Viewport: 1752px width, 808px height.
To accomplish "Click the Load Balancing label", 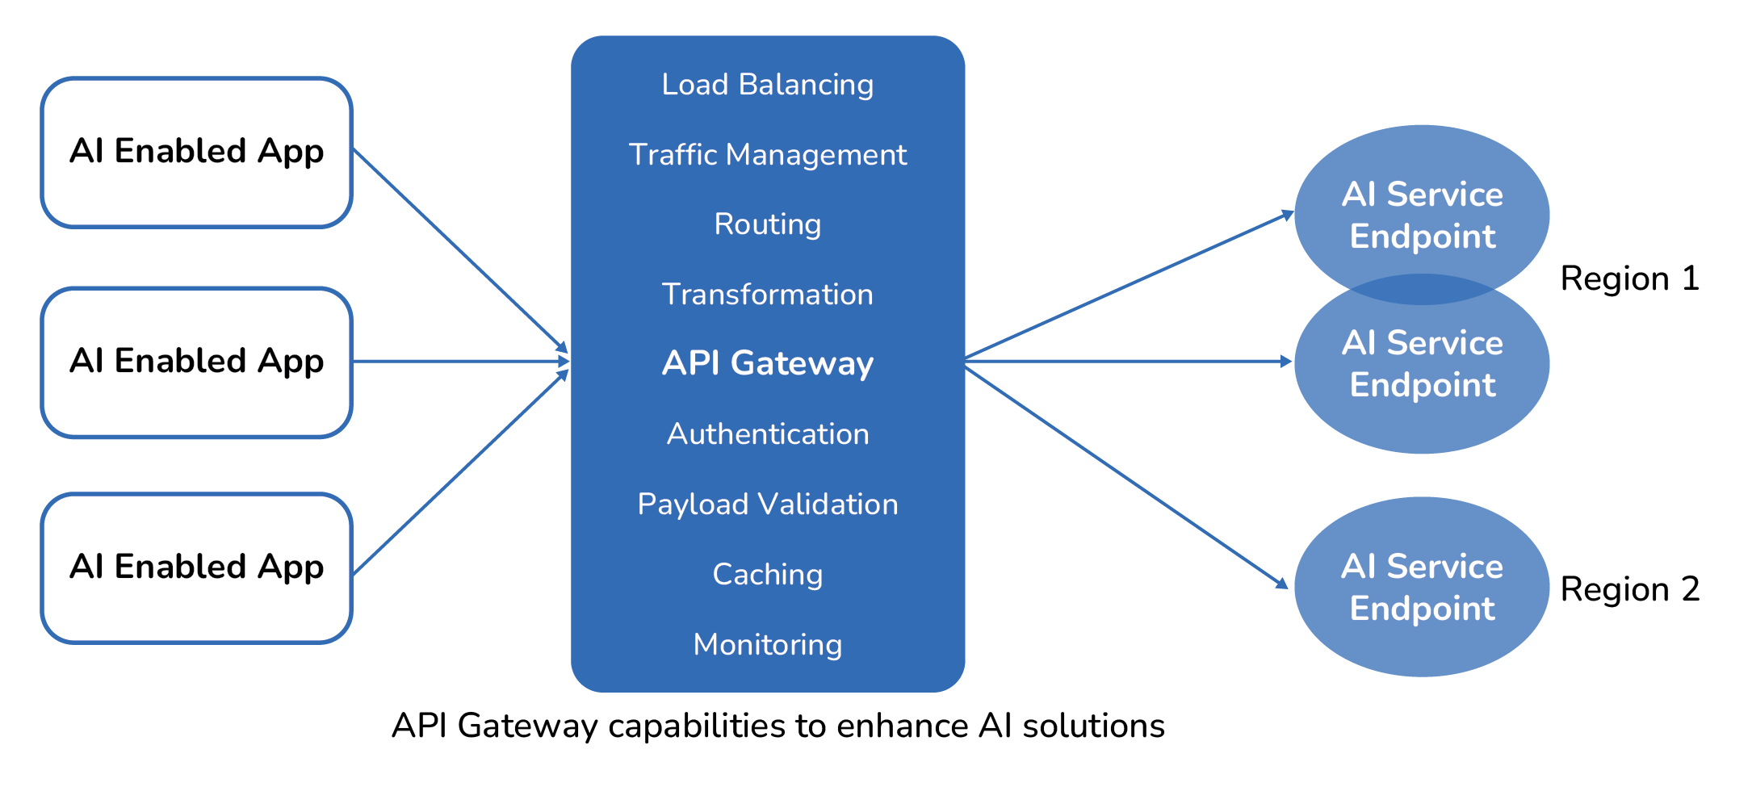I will coord(767,85).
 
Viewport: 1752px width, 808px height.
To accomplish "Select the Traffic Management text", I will coord(767,155).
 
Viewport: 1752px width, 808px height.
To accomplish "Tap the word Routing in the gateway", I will coord(767,224).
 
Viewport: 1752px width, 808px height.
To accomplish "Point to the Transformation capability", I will coord(767,295).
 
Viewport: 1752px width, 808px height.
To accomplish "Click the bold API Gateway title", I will coord(767,363).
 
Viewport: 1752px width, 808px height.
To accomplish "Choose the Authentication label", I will coord(767,434).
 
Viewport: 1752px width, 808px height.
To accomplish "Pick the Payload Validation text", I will coord(767,504).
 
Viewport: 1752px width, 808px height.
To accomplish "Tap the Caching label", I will coord(767,575).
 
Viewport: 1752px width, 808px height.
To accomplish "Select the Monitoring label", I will coord(767,645).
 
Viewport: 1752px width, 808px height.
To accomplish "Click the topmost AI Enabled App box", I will coord(196,153).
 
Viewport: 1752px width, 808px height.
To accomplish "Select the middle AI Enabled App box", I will coord(196,362).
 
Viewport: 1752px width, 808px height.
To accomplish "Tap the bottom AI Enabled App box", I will coord(196,568).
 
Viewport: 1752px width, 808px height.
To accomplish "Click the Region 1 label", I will coord(1629,279).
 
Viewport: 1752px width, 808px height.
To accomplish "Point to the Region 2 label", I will coord(1629,590).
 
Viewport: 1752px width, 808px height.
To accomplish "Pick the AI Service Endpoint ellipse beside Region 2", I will coord(1421,588).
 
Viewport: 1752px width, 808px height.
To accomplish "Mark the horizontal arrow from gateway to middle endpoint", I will coord(1130,362).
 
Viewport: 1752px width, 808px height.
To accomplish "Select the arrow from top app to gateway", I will coord(460,250).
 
